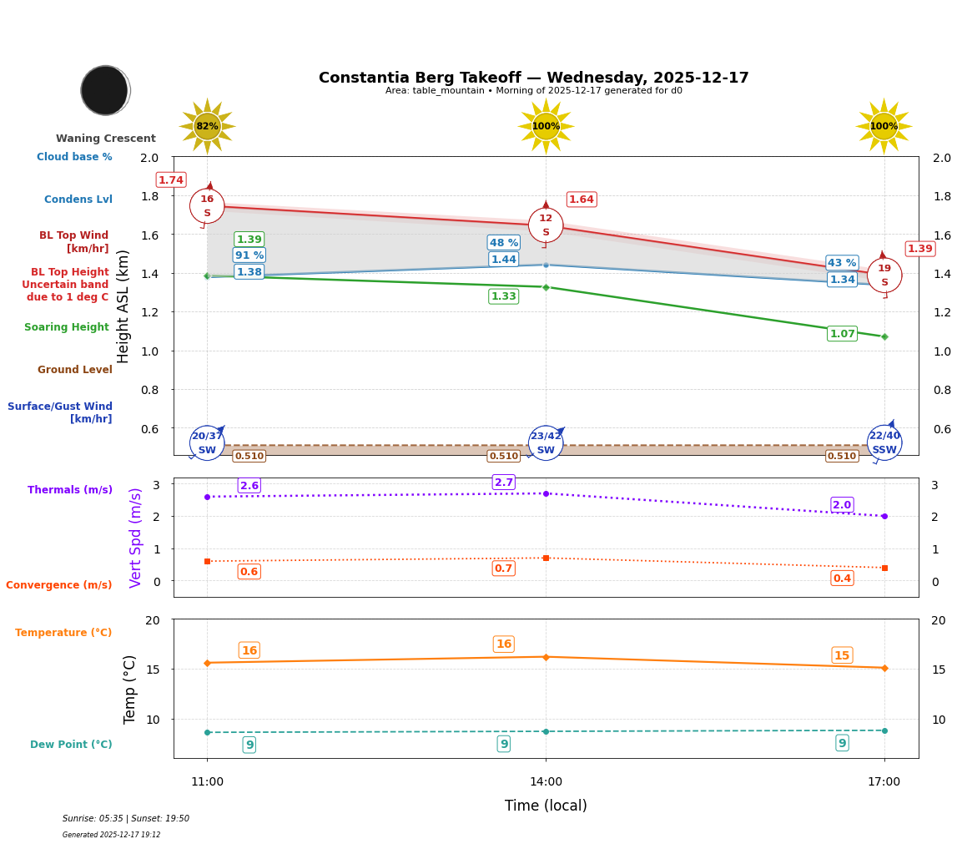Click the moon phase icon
(105, 90)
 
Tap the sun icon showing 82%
(207, 126)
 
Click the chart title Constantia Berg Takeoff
(533, 78)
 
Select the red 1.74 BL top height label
(171, 180)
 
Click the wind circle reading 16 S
(207, 206)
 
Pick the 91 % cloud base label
(249, 255)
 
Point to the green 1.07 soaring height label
(842, 334)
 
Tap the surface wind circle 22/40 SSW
(884, 442)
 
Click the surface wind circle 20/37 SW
(207, 442)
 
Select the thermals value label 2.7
(504, 483)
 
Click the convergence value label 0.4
(842, 579)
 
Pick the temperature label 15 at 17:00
(842, 655)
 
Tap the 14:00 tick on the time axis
(546, 782)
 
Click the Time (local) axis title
(546, 806)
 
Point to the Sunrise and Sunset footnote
(126, 819)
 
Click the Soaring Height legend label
(67, 327)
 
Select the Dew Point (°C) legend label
(71, 745)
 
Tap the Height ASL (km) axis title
(123, 306)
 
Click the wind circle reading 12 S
(546, 225)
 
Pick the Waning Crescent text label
(106, 139)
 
